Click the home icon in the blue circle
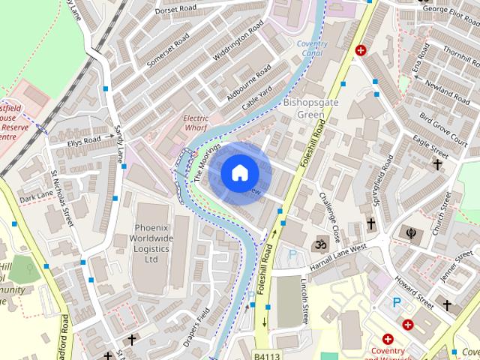point(239,172)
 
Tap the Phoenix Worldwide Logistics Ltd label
point(153,243)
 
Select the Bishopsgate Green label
point(304,109)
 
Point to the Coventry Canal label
point(312,49)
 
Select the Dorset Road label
point(176,10)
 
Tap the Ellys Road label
point(83,141)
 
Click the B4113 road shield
point(265,355)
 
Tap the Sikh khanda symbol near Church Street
point(412,232)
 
